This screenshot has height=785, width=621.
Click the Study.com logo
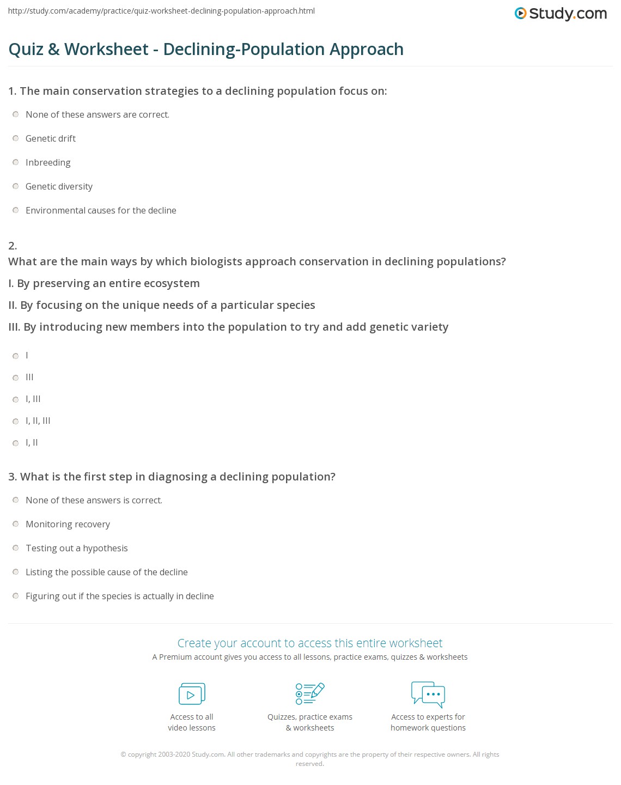coord(561,14)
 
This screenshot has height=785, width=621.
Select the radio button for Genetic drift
coord(16,139)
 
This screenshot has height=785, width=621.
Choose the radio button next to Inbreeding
coord(16,163)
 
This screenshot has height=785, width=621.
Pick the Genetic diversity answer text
coord(59,186)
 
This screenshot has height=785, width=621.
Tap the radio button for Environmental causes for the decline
coord(16,211)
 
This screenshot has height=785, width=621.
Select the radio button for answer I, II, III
coord(16,421)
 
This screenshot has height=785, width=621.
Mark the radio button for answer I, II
coord(16,443)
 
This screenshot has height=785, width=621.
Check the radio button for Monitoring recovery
coord(16,525)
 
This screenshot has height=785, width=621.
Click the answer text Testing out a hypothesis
coord(76,548)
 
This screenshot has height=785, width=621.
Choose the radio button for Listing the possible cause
coord(16,573)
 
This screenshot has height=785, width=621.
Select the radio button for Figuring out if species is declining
coord(16,597)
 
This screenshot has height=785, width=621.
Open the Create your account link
coord(310,643)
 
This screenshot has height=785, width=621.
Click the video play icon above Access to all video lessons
coord(192,694)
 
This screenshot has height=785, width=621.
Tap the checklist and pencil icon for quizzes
coord(310,693)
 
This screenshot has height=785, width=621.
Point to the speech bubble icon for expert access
coord(428,694)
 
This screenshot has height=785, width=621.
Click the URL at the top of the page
coord(161,11)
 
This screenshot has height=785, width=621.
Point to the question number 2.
coord(13,246)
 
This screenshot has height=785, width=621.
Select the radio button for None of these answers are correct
coord(16,115)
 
